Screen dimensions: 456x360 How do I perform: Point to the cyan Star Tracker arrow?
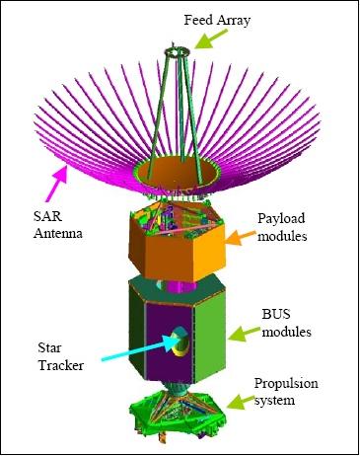[138, 347]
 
